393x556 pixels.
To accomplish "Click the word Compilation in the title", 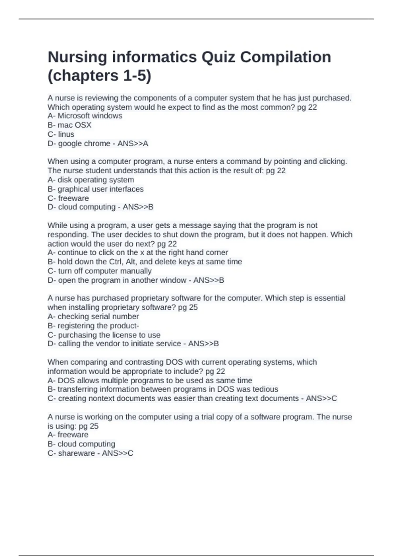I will coord(285,57).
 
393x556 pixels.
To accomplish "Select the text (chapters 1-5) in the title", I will coord(100,76).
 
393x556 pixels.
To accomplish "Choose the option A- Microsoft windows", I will coord(85,116).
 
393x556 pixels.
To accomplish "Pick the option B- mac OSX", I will coord(69,125).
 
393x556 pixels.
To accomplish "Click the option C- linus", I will coord(61,134).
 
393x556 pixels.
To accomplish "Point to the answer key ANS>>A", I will coord(133,143).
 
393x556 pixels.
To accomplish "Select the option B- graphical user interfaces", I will coord(96,189).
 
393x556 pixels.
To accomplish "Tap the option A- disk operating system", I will coord(91,180).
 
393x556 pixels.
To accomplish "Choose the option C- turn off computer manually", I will coord(100,271).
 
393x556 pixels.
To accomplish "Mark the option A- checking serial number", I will coord(93,316).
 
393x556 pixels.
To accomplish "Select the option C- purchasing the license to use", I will coord(104,335).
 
